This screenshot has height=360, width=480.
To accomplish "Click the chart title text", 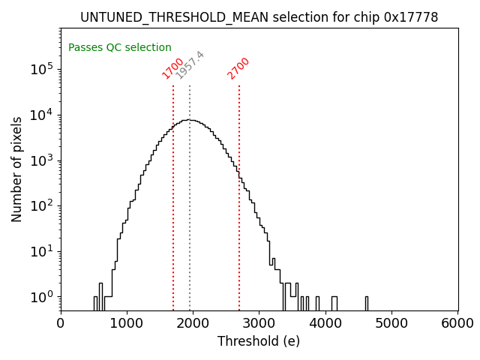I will click(x=259, y=17).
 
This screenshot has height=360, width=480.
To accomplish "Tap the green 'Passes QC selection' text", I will click(x=120, y=48).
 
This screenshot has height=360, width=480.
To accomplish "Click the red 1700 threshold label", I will click(x=172, y=68).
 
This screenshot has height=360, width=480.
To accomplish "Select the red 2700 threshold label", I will click(x=238, y=68).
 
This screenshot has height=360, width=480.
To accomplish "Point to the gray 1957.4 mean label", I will click(x=190, y=65).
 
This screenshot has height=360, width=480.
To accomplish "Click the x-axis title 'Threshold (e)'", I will click(x=259, y=341).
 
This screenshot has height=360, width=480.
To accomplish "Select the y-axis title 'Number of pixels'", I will click(x=17, y=169).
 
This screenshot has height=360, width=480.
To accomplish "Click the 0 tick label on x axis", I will click(x=61, y=323).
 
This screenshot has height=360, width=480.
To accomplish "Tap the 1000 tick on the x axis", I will click(x=127, y=323).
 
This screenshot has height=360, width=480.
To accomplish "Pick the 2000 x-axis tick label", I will click(x=193, y=323).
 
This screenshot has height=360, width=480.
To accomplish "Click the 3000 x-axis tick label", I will click(x=259, y=323).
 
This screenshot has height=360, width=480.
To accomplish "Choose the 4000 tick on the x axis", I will click(x=325, y=323).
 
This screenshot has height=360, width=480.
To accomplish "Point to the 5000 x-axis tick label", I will click(x=391, y=323).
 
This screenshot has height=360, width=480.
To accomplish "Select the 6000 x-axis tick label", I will click(x=457, y=323).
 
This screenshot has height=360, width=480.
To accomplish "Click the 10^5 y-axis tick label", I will click(x=43, y=69).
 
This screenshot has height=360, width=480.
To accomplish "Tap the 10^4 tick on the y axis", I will click(x=43, y=115).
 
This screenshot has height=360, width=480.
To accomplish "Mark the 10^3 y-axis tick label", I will click(x=43, y=160).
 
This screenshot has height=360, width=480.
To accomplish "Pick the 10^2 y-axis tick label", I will click(x=43, y=206).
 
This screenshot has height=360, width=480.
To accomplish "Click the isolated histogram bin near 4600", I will click(x=366, y=303).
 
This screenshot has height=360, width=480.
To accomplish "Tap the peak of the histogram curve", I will click(x=191, y=120).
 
